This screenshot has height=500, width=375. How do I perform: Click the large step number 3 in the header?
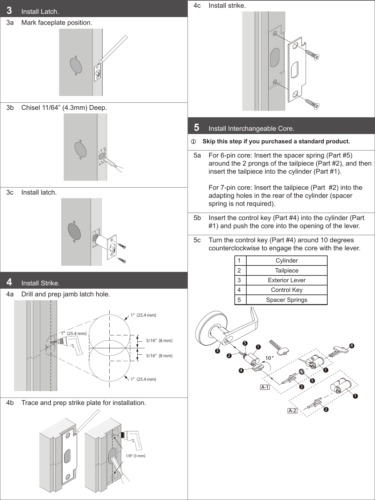tap(9, 11)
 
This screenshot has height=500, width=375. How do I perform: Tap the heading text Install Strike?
tap(40, 284)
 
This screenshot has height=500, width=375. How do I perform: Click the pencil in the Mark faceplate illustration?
tap(114, 48)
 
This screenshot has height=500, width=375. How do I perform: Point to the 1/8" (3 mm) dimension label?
tap(135, 456)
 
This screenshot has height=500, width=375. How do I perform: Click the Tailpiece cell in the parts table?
tap(286, 271)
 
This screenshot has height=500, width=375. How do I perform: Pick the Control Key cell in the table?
tap(286, 290)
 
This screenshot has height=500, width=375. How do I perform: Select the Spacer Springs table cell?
tap(286, 300)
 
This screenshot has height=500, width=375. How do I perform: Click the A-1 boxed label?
tap(265, 387)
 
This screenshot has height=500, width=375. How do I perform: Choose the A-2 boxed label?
tap(292, 411)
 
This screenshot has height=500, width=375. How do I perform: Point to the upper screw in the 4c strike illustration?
tap(312, 54)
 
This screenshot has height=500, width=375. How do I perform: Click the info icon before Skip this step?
tap(194, 142)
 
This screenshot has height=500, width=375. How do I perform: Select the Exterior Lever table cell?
tap(286, 280)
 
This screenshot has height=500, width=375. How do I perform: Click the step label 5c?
tap(197, 240)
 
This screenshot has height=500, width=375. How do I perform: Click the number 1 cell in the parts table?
tap(239, 261)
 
